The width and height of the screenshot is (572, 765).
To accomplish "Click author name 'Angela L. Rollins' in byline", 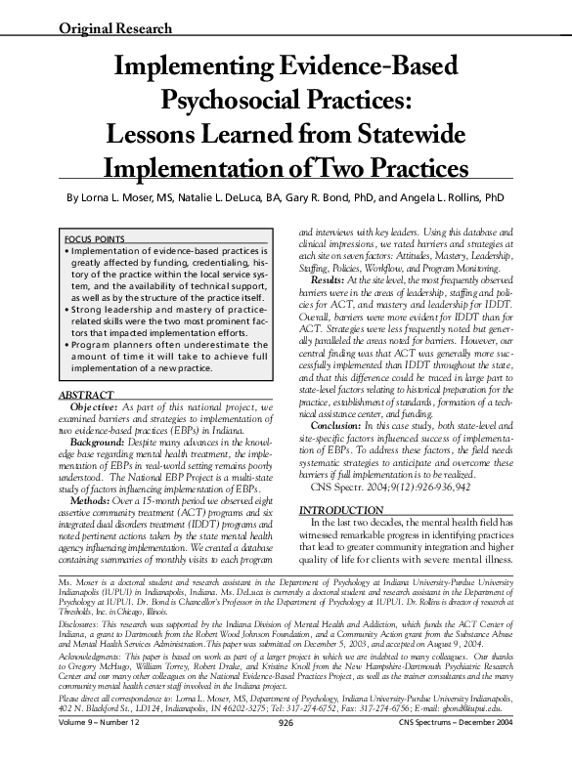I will pyautogui.click(x=434, y=196).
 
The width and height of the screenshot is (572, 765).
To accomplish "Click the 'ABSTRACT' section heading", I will pyautogui.click(x=87, y=395).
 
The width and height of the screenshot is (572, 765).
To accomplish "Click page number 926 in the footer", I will pyautogui.click(x=286, y=750).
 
